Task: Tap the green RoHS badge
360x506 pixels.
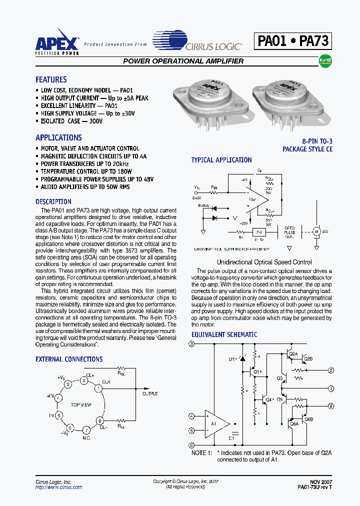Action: [325, 61]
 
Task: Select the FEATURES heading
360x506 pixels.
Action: [51, 79]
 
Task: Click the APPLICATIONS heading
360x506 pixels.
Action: [58, 137]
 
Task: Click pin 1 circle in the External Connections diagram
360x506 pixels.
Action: [99, 387]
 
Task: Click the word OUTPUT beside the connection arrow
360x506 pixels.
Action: [150, 394]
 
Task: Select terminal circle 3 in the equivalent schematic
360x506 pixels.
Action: [191, 344]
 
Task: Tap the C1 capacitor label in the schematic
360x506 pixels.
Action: [231, 437]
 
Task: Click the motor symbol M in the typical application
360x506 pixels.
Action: [316, 231]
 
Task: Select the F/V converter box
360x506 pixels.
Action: [258, 232]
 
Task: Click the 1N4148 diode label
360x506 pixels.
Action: [202, 205]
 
